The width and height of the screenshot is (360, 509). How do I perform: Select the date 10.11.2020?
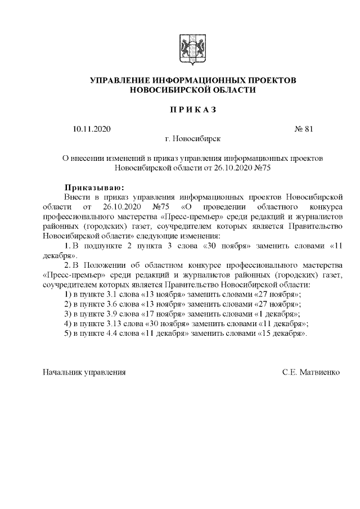pos(92,129)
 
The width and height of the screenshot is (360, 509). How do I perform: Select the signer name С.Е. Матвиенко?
pos(311,372)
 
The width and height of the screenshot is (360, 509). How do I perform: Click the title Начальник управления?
pos(84,372)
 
